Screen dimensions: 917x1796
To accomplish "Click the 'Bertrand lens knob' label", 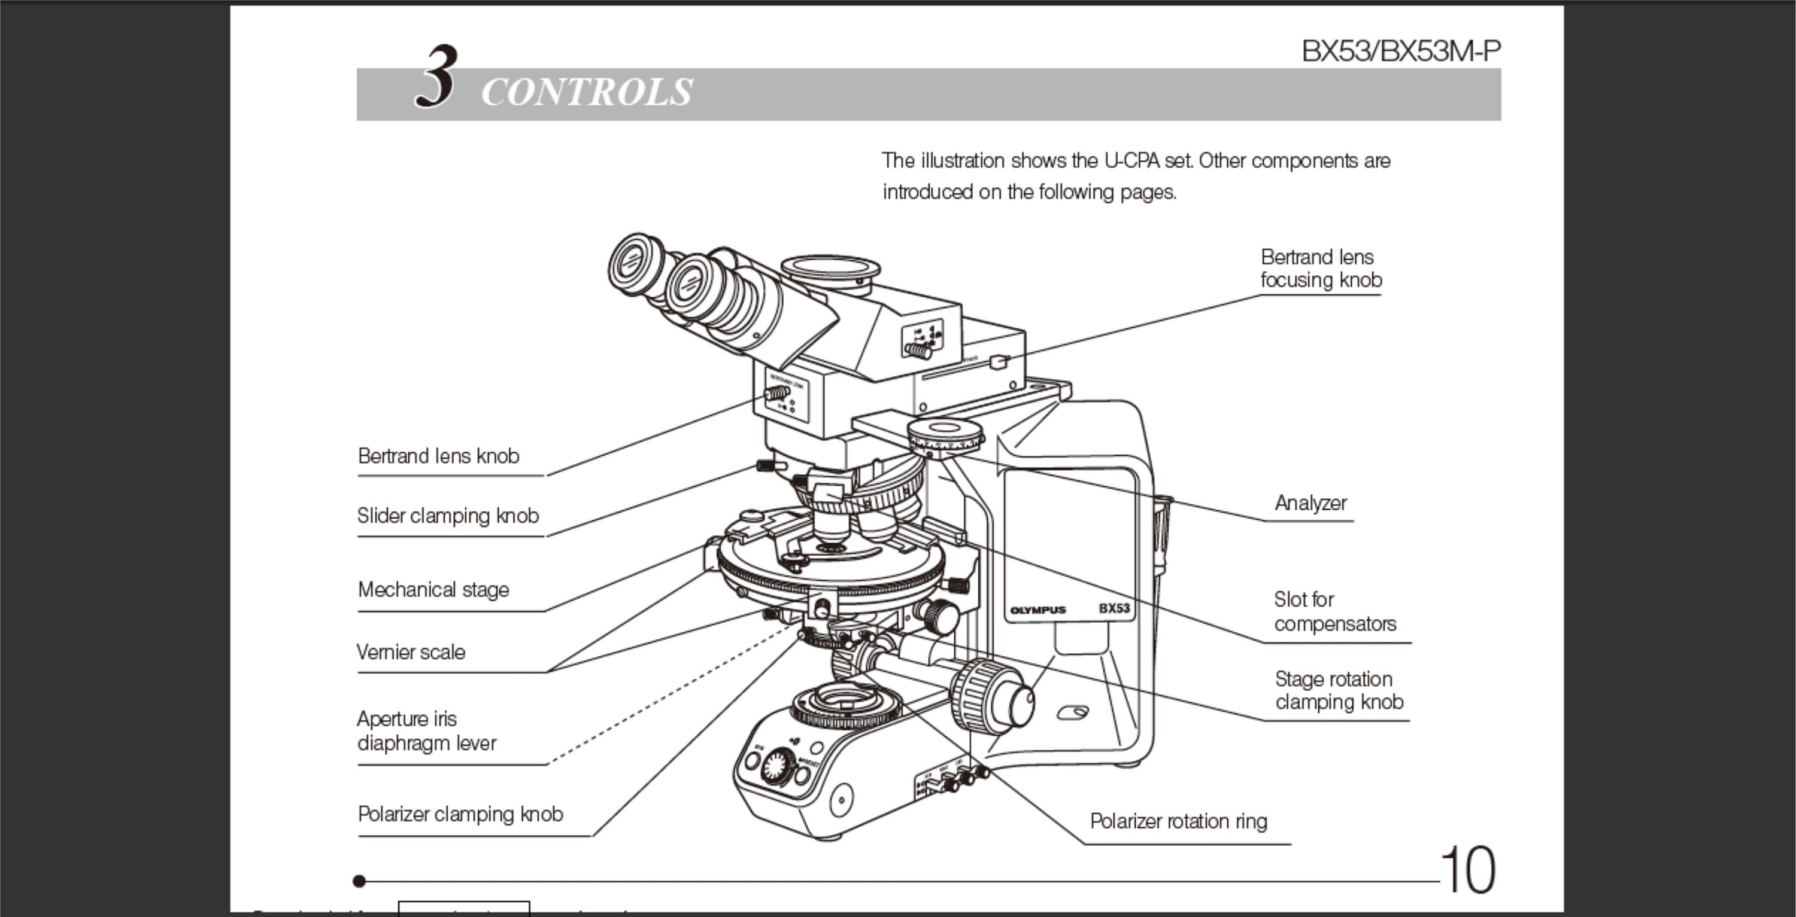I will (439, 456).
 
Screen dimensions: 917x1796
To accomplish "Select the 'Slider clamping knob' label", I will (448, 516).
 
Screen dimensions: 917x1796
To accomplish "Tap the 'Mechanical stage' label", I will (433, 590).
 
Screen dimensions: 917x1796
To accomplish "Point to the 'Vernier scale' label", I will (411, 652).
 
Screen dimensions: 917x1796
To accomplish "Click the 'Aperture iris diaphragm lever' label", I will (426, 731).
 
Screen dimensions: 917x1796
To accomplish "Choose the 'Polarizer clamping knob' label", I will (460, 815).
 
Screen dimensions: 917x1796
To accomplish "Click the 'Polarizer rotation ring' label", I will (1178, 821).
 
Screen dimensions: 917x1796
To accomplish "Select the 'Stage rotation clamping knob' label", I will (1339, 690).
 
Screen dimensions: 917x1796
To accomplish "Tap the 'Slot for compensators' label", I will (1334, 612).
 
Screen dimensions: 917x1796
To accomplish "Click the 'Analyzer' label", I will (1310, 503).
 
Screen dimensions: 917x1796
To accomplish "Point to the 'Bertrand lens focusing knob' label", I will (1321, 268).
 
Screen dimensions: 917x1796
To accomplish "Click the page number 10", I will (1467, 870).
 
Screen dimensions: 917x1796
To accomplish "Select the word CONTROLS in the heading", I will (586, 93).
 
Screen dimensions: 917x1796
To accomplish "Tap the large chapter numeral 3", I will (437, 77).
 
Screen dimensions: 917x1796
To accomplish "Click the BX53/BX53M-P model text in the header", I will (1401, 51).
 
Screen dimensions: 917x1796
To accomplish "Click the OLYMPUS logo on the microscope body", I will (1037, 610).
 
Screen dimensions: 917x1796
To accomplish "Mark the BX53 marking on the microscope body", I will (1114, 608).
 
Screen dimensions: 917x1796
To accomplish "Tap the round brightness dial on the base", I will (776, 767).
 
